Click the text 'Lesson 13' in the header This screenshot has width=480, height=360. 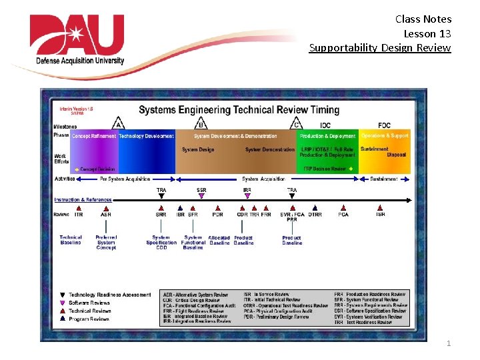click(427, 33)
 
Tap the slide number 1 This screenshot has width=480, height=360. click(449, 343)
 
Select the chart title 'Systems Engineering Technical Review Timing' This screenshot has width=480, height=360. click(239, 109)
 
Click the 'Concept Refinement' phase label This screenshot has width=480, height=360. click(93, 136)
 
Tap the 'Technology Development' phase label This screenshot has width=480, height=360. click(146, 136)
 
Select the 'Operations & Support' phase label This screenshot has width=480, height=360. click(385, 136)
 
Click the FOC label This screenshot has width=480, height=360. click(385, 125)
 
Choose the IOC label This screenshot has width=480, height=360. click(325, 125)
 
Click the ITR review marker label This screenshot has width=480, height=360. click(79, 215)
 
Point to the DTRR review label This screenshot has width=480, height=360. click(315, 215)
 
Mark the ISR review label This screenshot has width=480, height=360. click(380, 215)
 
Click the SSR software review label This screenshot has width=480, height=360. click(201, 190)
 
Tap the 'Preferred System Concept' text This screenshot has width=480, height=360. click(106, 242)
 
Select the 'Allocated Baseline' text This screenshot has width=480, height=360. click(219, 240)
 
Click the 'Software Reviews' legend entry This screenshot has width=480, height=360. click(89, 303)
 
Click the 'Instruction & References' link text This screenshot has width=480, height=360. click(83, 199)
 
